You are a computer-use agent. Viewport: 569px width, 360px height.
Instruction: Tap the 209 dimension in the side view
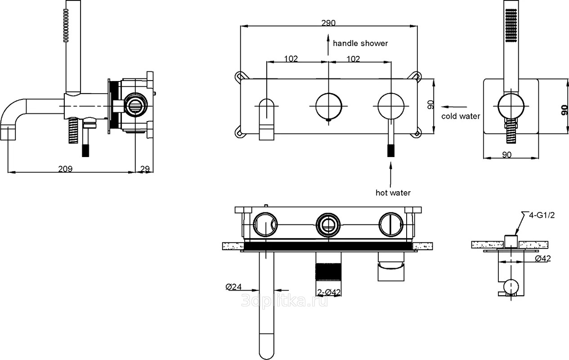click(66, 169)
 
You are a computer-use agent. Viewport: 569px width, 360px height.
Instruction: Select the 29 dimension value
click(145, 169)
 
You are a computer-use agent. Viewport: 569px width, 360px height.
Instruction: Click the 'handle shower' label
click(360, 43)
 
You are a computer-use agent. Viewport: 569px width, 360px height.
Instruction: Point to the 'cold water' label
click(460, 116)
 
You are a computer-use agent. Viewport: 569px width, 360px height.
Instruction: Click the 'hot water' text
click(393, 193)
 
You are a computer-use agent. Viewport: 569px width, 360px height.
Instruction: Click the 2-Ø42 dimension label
click(329, 292)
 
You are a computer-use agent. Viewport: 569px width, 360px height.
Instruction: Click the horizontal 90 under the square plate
click(506, 155)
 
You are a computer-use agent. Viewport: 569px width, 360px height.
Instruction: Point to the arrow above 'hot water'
click(390, 173)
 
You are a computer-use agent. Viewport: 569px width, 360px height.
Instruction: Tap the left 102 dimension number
click(291, 58)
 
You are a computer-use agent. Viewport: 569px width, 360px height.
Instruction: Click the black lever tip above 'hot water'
click(390, 149)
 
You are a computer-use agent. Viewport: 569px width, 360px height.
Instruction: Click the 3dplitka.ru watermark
click(284, 301)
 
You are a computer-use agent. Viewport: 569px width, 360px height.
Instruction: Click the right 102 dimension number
click(353, 58)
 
